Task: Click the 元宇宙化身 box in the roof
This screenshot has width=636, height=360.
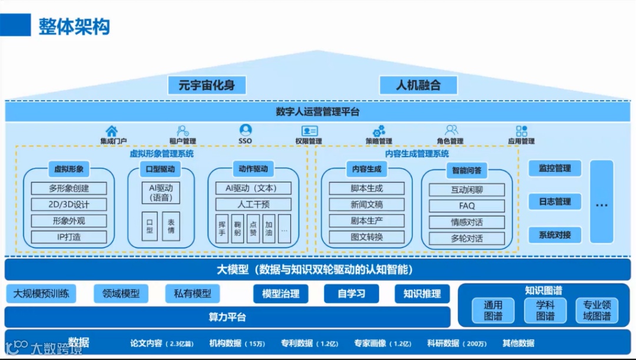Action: (206, 85)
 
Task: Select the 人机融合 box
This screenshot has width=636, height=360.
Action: (418, 85)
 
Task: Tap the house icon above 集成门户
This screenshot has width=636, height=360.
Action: (111, 131)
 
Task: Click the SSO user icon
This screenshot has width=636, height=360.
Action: (246, 130)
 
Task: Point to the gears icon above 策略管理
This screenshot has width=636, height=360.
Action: (379, 131)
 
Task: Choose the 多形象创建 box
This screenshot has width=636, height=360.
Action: (69, 189)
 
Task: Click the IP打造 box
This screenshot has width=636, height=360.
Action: (69, 237)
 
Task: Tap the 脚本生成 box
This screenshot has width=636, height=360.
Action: (367, 189)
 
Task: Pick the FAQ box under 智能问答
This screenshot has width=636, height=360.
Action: (466, 206)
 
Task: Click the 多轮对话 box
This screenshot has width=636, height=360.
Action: (466, 239)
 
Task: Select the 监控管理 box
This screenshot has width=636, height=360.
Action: (554, 169)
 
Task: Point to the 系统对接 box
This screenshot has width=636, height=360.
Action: (554, 235)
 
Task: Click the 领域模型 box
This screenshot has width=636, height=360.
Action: (121, 293)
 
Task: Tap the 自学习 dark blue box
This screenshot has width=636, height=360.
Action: (352, 293)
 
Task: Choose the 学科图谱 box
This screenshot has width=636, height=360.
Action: (545, 311)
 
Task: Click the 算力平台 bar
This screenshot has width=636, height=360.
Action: (227, 317)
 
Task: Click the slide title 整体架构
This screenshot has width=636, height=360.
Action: (74, 27)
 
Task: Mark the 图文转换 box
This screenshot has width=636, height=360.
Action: (367, 237)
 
